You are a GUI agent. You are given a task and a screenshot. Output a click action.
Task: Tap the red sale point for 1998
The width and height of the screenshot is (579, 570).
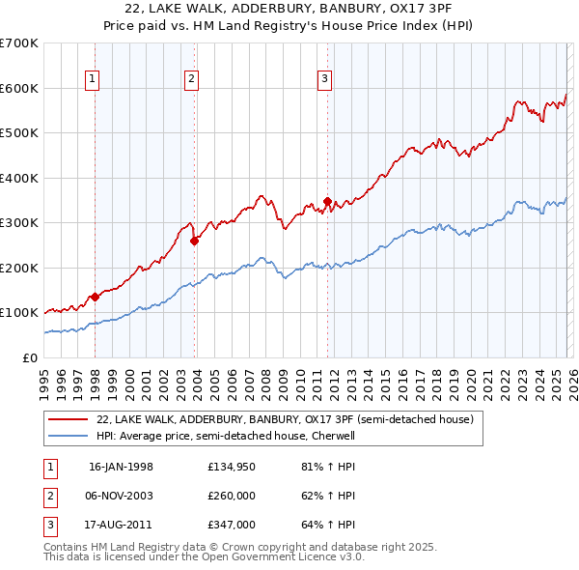pyautogui.click(x=95, y=298)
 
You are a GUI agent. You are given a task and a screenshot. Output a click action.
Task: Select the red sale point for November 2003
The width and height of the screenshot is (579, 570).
pyautogui.click(x=194, y=242)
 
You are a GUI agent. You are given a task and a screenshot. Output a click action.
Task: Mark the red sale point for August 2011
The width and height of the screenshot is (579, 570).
pyautogui.click(x=327, y=202)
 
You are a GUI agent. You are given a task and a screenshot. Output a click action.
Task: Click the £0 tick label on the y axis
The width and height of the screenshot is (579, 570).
pyautogui.click(x=31, y=357)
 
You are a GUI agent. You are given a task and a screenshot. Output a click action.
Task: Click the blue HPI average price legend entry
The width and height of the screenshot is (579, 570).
pyautogui.click(x=226, y=436)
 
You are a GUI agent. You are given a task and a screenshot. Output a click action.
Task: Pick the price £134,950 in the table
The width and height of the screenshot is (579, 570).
pyautogui.click(x=233, y=466)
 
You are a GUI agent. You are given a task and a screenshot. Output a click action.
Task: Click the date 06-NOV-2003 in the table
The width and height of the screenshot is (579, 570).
pyautogui.click(x=121, y=496)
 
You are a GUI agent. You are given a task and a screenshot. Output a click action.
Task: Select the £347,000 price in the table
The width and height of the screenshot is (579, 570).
pyautogui.click(x=233, y=526)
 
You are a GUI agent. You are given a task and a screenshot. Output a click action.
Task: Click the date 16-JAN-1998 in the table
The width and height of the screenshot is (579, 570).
pyautogui.click(x=121, y=466)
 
